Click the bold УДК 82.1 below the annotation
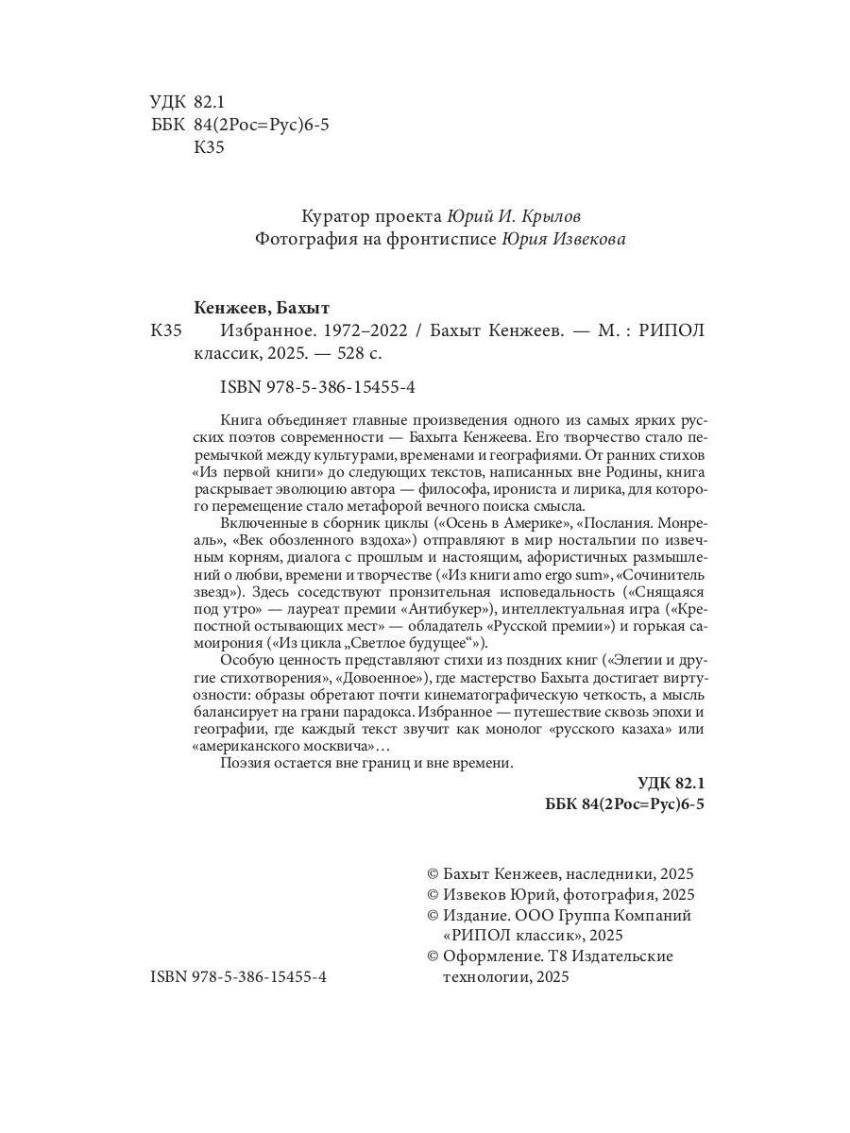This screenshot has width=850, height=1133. click(671, 783)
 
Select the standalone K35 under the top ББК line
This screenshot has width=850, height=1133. click(209, 147)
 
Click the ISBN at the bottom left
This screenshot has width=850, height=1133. click(239, 979)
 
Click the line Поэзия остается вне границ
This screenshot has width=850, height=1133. click(366, 764)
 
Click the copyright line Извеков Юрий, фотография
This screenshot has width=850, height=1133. click(562, 894)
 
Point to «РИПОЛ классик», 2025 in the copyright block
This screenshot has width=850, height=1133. click(534, 936)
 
